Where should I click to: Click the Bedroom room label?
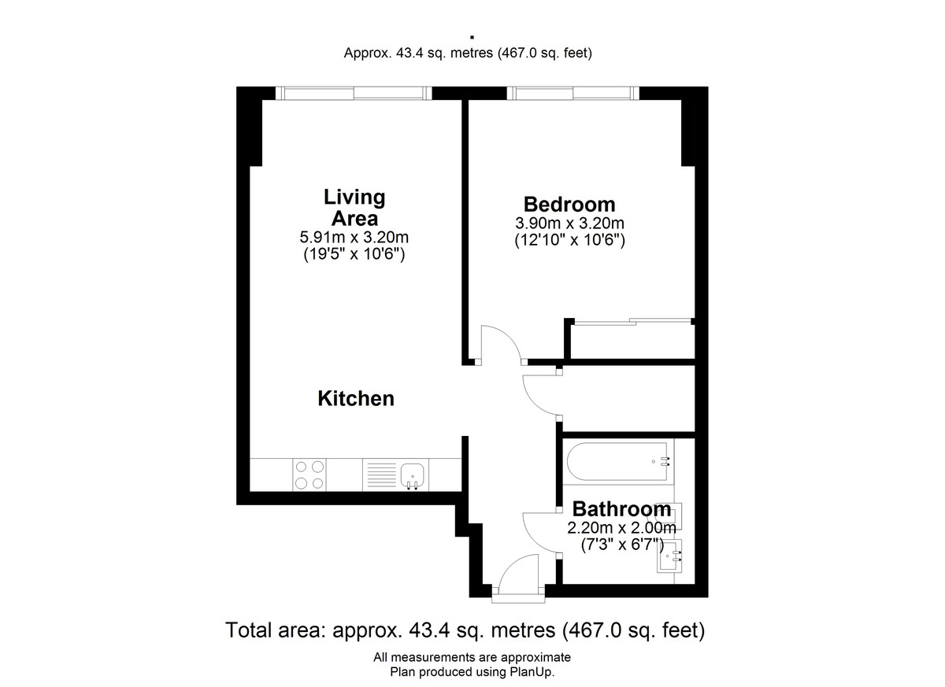pos(569,205)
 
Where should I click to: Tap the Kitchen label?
pos(356,398)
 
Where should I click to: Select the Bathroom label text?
pos(621,509)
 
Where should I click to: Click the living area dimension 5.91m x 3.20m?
pos(354,238)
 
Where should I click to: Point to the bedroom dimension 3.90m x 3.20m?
pos(569,223)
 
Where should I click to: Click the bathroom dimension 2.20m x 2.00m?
pos(621,528)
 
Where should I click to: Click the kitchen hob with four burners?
pos(309,475)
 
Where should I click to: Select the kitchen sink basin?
pos(412,476)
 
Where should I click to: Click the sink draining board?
pos(382,475)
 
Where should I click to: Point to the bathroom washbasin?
pos(669,556)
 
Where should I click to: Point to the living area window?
pos(354,93)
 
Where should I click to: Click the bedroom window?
pos(573,93)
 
